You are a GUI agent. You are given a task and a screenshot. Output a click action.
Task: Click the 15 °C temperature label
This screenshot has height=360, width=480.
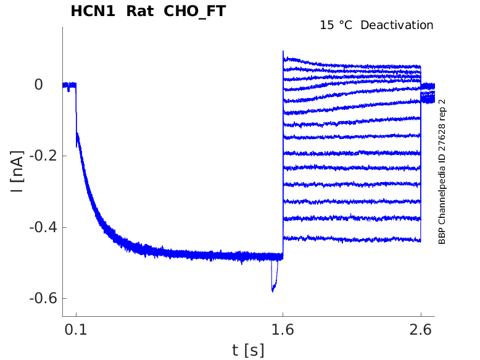(x=337, y=25)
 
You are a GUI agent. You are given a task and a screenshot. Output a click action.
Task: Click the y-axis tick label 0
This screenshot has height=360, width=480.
(x=38, y=84)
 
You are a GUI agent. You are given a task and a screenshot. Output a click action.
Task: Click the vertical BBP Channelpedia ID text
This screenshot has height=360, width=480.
(x=442, y=172)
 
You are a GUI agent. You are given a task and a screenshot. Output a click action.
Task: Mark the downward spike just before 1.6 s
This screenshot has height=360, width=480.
(x=273, y=288)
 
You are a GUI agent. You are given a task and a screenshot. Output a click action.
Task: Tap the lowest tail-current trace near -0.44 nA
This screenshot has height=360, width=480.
(x=352, y=238)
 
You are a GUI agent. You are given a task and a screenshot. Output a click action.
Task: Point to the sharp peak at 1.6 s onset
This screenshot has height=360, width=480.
(x=283, y=52)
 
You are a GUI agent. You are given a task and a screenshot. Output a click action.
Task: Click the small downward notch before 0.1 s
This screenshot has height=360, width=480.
(x=68, y=90)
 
